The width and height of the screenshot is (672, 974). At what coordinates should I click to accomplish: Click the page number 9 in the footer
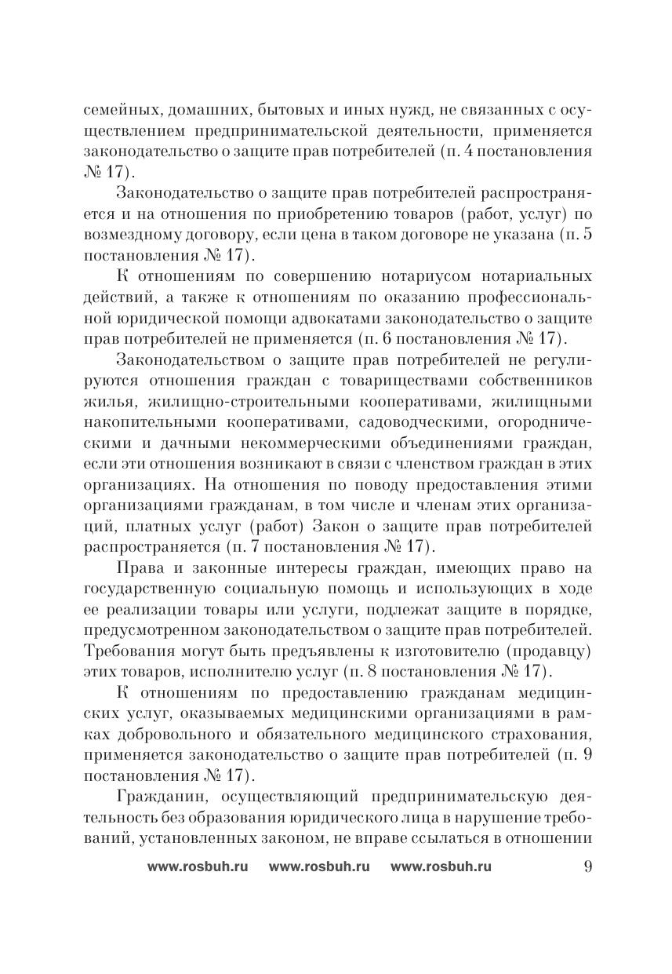click(587, 866)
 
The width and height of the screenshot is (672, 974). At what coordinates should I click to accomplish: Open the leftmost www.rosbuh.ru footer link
click(198, 867)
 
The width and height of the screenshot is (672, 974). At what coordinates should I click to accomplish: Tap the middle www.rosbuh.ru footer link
click(319, 867)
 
